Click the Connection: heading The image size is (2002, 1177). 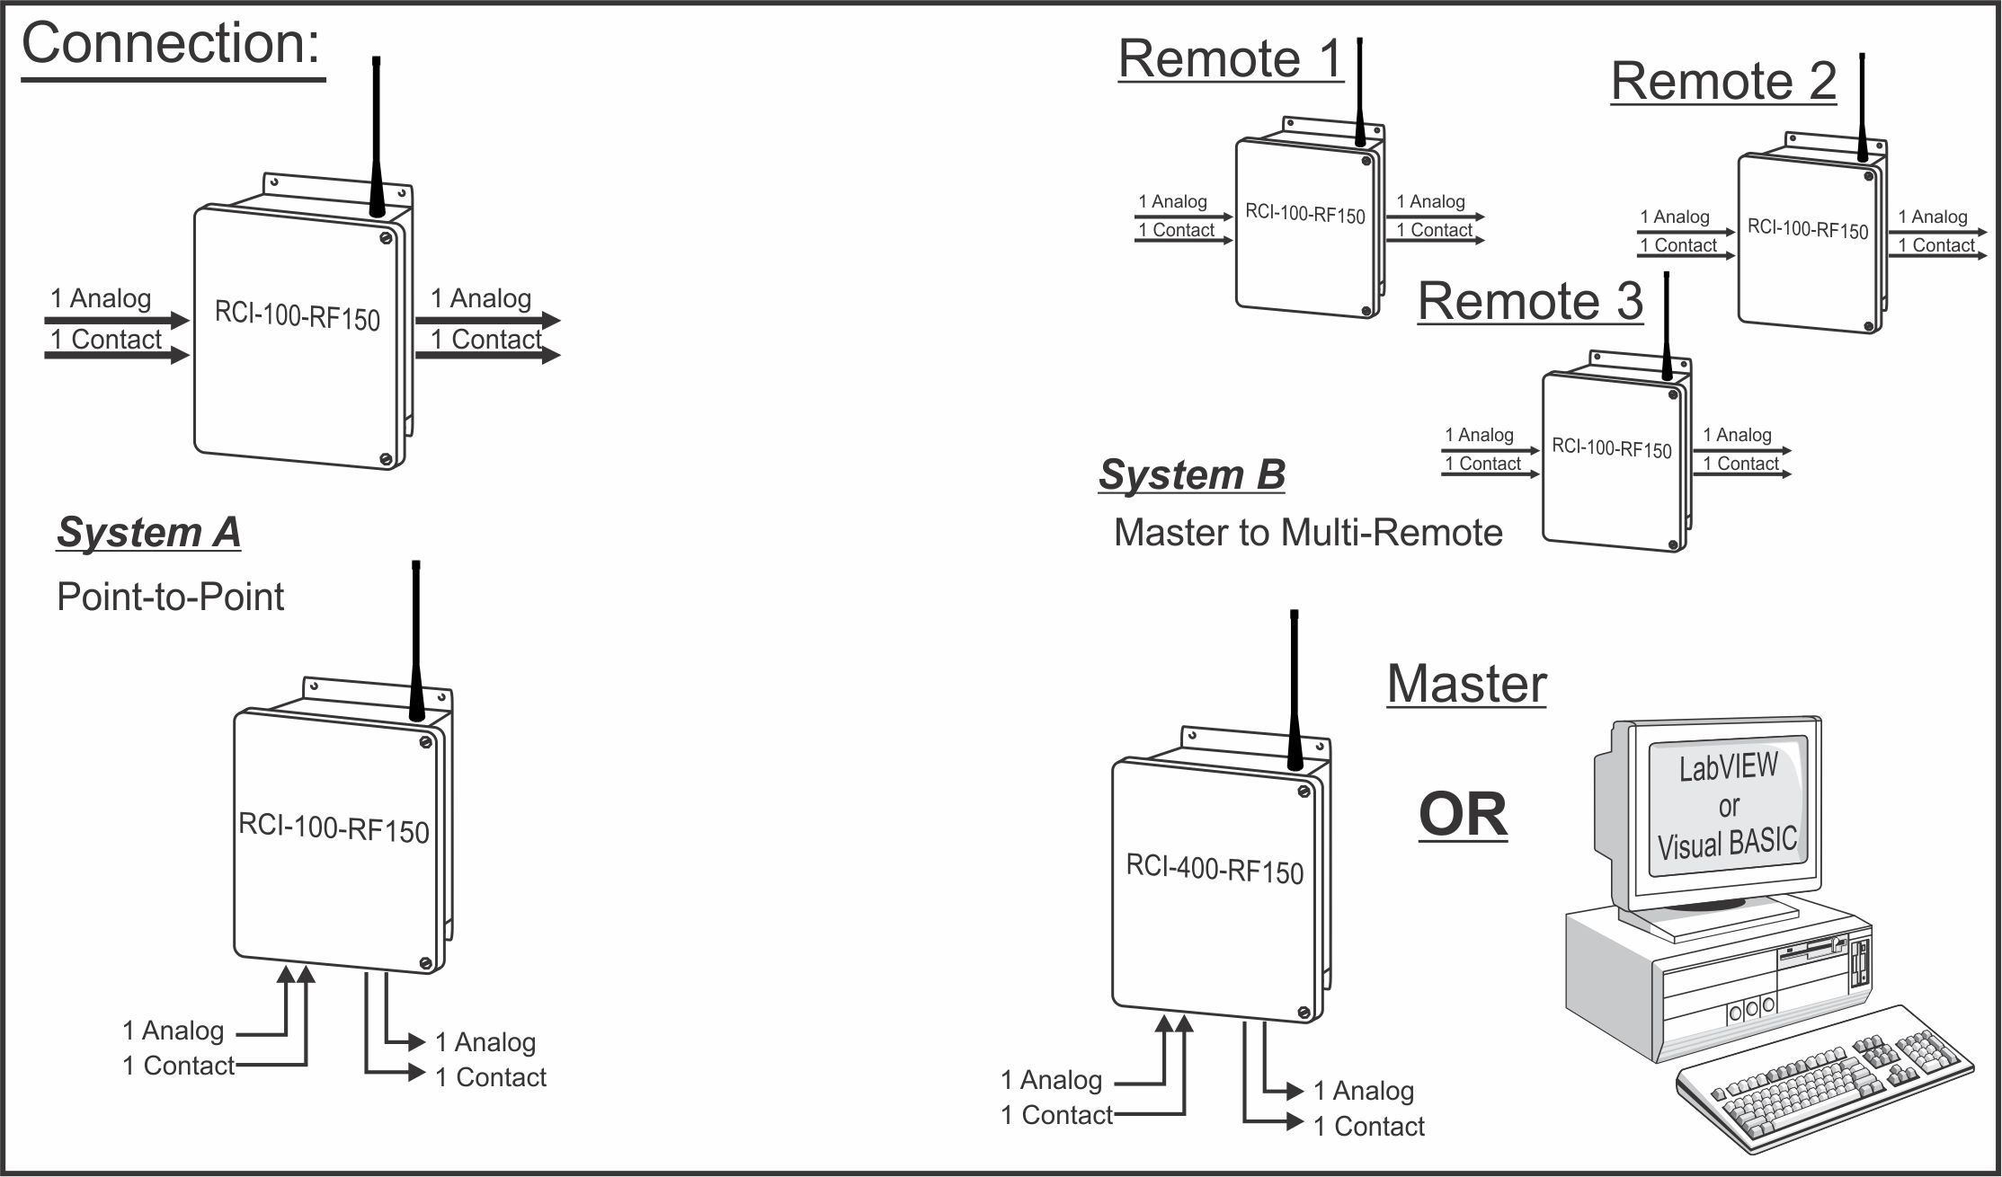pos(171,45)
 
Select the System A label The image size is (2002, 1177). pos(148,533)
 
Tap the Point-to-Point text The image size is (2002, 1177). pos(170,597)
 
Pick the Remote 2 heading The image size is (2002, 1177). pos(1722,82)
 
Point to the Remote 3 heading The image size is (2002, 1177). pos(1530,301)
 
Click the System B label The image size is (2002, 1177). pos(1191,474)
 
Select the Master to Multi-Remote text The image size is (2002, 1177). pos(1308,533)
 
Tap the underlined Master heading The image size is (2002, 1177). pos(1466,684)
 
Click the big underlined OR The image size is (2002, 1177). pos(1463,815)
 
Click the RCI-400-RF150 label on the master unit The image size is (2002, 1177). pos(1215,869)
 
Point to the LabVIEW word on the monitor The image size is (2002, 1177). pos(1728,767)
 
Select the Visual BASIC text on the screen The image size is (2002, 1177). pos(1727,844)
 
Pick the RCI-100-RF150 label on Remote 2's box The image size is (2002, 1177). pos(1807,228)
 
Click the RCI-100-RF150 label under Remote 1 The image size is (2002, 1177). pos(1304,214)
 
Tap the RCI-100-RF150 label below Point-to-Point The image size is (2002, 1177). pos(334,827)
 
